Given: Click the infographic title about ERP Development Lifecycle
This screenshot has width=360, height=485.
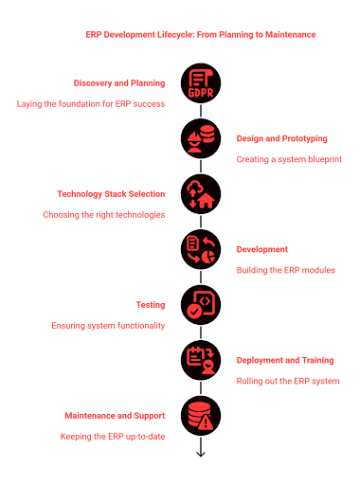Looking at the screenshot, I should (201, 34).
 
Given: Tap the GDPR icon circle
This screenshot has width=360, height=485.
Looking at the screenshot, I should (200, 83).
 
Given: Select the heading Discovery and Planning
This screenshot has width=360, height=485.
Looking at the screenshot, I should (118, 82).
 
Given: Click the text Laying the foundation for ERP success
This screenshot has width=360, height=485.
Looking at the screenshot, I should (91, 103).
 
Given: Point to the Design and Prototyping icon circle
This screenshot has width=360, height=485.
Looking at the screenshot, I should (200, 138).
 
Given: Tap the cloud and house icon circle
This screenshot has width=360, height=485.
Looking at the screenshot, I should (200, 194).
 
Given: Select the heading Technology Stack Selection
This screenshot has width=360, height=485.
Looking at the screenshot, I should (111, 194).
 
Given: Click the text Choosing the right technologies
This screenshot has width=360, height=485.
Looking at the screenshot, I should (104, 215).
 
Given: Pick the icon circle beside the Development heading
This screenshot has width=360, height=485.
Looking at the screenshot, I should (200, 249).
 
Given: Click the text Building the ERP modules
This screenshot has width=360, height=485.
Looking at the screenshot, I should (285, 270).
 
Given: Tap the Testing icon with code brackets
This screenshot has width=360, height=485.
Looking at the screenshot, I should (200, 305).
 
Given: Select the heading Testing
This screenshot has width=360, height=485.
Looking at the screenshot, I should (151, 305).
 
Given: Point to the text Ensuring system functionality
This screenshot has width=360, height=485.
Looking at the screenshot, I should (108, 326).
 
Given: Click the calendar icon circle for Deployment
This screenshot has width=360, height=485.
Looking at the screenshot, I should (200, 360).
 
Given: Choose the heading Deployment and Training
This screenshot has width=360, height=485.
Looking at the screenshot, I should (284, 360).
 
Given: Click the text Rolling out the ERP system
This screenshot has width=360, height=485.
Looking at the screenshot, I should (287, 381).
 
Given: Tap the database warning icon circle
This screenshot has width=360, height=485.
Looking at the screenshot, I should (200, 415).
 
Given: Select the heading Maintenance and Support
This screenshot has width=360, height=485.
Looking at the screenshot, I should (114, 415).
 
